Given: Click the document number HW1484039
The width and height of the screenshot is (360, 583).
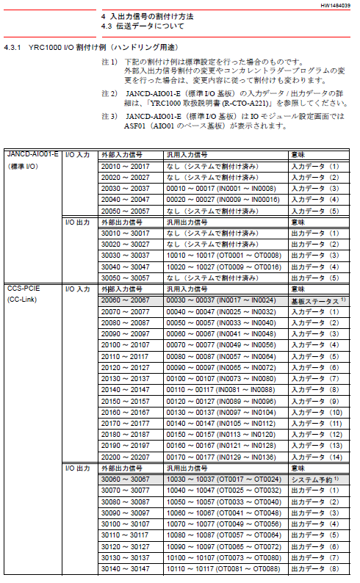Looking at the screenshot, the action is (335, 5).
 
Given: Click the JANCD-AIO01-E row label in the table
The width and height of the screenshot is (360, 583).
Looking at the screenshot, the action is (32, 156).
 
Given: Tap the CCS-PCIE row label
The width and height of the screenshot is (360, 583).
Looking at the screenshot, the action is (22, 289).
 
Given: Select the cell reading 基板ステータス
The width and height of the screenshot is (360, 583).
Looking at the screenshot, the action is (315, 301).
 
